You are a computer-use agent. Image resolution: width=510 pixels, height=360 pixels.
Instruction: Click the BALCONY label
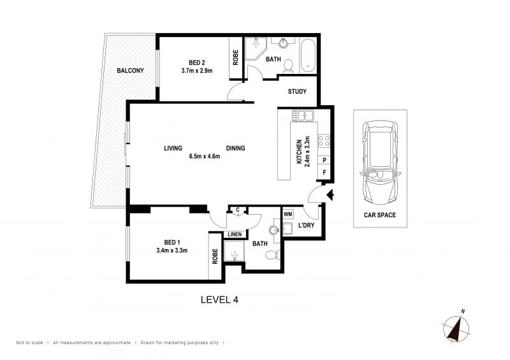click(x=130, y=71)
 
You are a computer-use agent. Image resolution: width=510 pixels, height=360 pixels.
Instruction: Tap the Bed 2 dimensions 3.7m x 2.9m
click(x=197, y=70)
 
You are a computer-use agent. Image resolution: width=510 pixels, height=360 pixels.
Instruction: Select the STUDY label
click(x=297, y=92)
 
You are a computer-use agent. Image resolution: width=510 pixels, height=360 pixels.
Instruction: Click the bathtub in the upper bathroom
click(x=308, y=56)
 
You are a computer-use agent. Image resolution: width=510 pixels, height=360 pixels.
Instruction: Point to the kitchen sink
click(x=302, y=115)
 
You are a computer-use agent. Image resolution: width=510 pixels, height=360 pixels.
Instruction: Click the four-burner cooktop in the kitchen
click(x=324, y=141)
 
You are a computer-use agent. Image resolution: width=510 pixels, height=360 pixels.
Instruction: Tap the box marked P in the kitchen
click(x=324, y=161)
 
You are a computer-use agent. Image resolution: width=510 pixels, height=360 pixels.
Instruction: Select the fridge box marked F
click(x=324, y=173)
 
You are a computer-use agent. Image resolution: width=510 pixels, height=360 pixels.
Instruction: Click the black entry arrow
click(x=330, y=195)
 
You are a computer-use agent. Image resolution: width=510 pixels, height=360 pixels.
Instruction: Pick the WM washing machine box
click(x=288, y=214)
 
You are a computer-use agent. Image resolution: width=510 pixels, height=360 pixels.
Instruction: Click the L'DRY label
click(x=306, y=225)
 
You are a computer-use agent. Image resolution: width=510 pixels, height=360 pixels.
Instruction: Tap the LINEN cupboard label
click(x=235, y=234)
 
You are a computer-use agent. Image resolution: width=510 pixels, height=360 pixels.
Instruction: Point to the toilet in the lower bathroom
click(x=273, y=255)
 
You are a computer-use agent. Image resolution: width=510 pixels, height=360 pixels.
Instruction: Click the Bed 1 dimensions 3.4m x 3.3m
click(x=171, y=250)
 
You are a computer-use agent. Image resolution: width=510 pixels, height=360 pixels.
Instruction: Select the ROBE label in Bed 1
click(x=215, y=256)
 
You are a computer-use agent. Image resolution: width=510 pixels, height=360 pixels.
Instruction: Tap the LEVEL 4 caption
click(x=219, y=299)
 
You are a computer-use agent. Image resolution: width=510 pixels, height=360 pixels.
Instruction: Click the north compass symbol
click(x=456, y=327)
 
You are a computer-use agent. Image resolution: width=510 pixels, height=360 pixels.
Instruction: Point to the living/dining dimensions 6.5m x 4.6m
click(x=205, y=156)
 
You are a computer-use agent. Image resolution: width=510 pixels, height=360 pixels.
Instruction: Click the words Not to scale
click(x=29, y=342)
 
